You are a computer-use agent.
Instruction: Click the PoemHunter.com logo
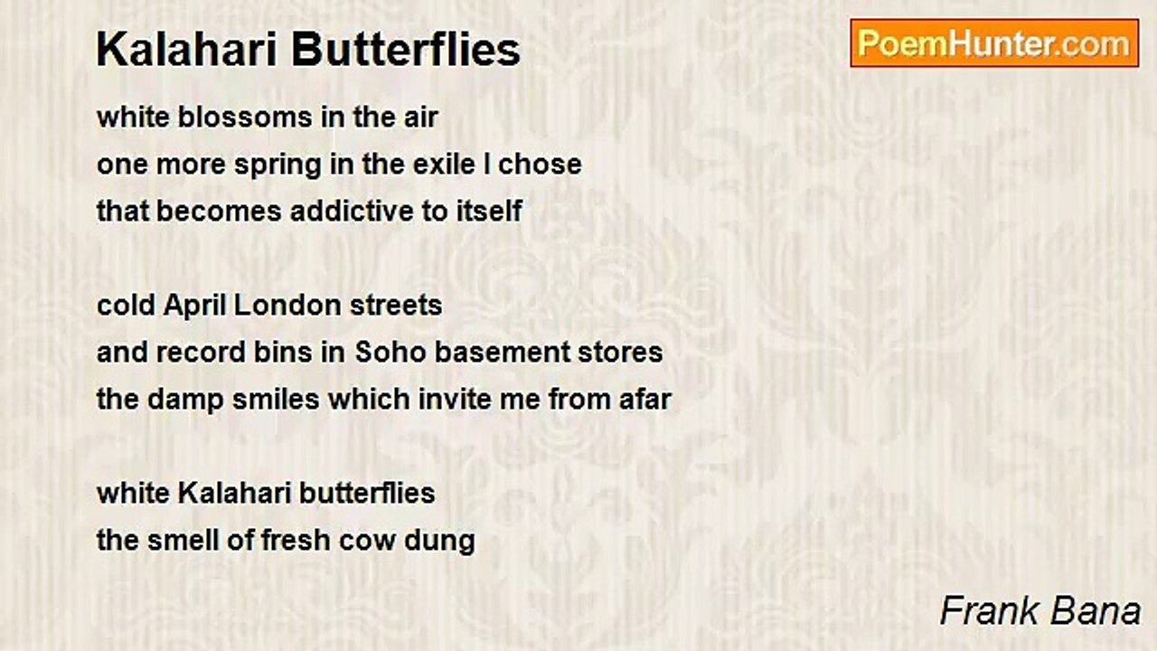994,43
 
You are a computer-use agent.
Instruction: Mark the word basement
507,352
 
